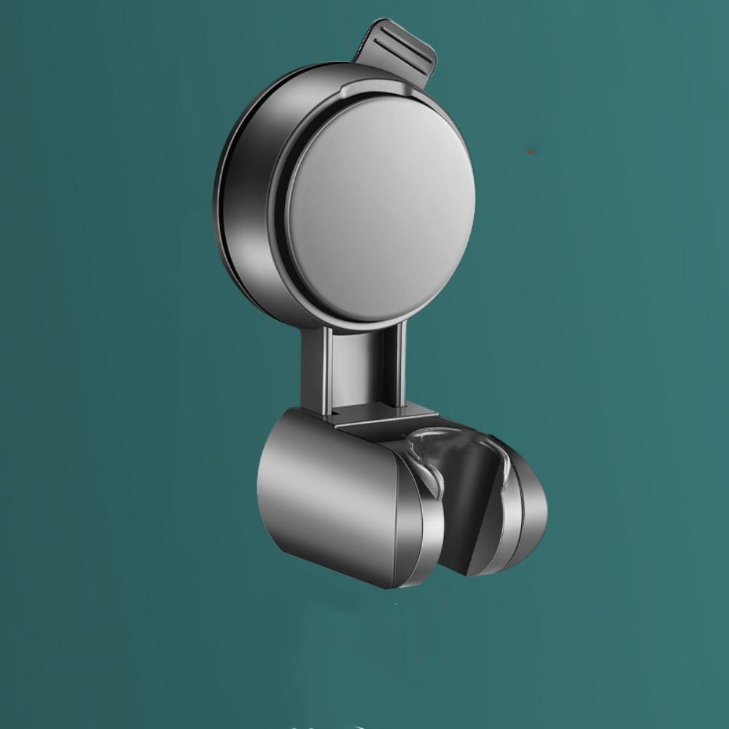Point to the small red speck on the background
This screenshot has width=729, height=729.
coord(530,152)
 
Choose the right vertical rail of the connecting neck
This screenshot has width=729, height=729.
coord(400,364)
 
